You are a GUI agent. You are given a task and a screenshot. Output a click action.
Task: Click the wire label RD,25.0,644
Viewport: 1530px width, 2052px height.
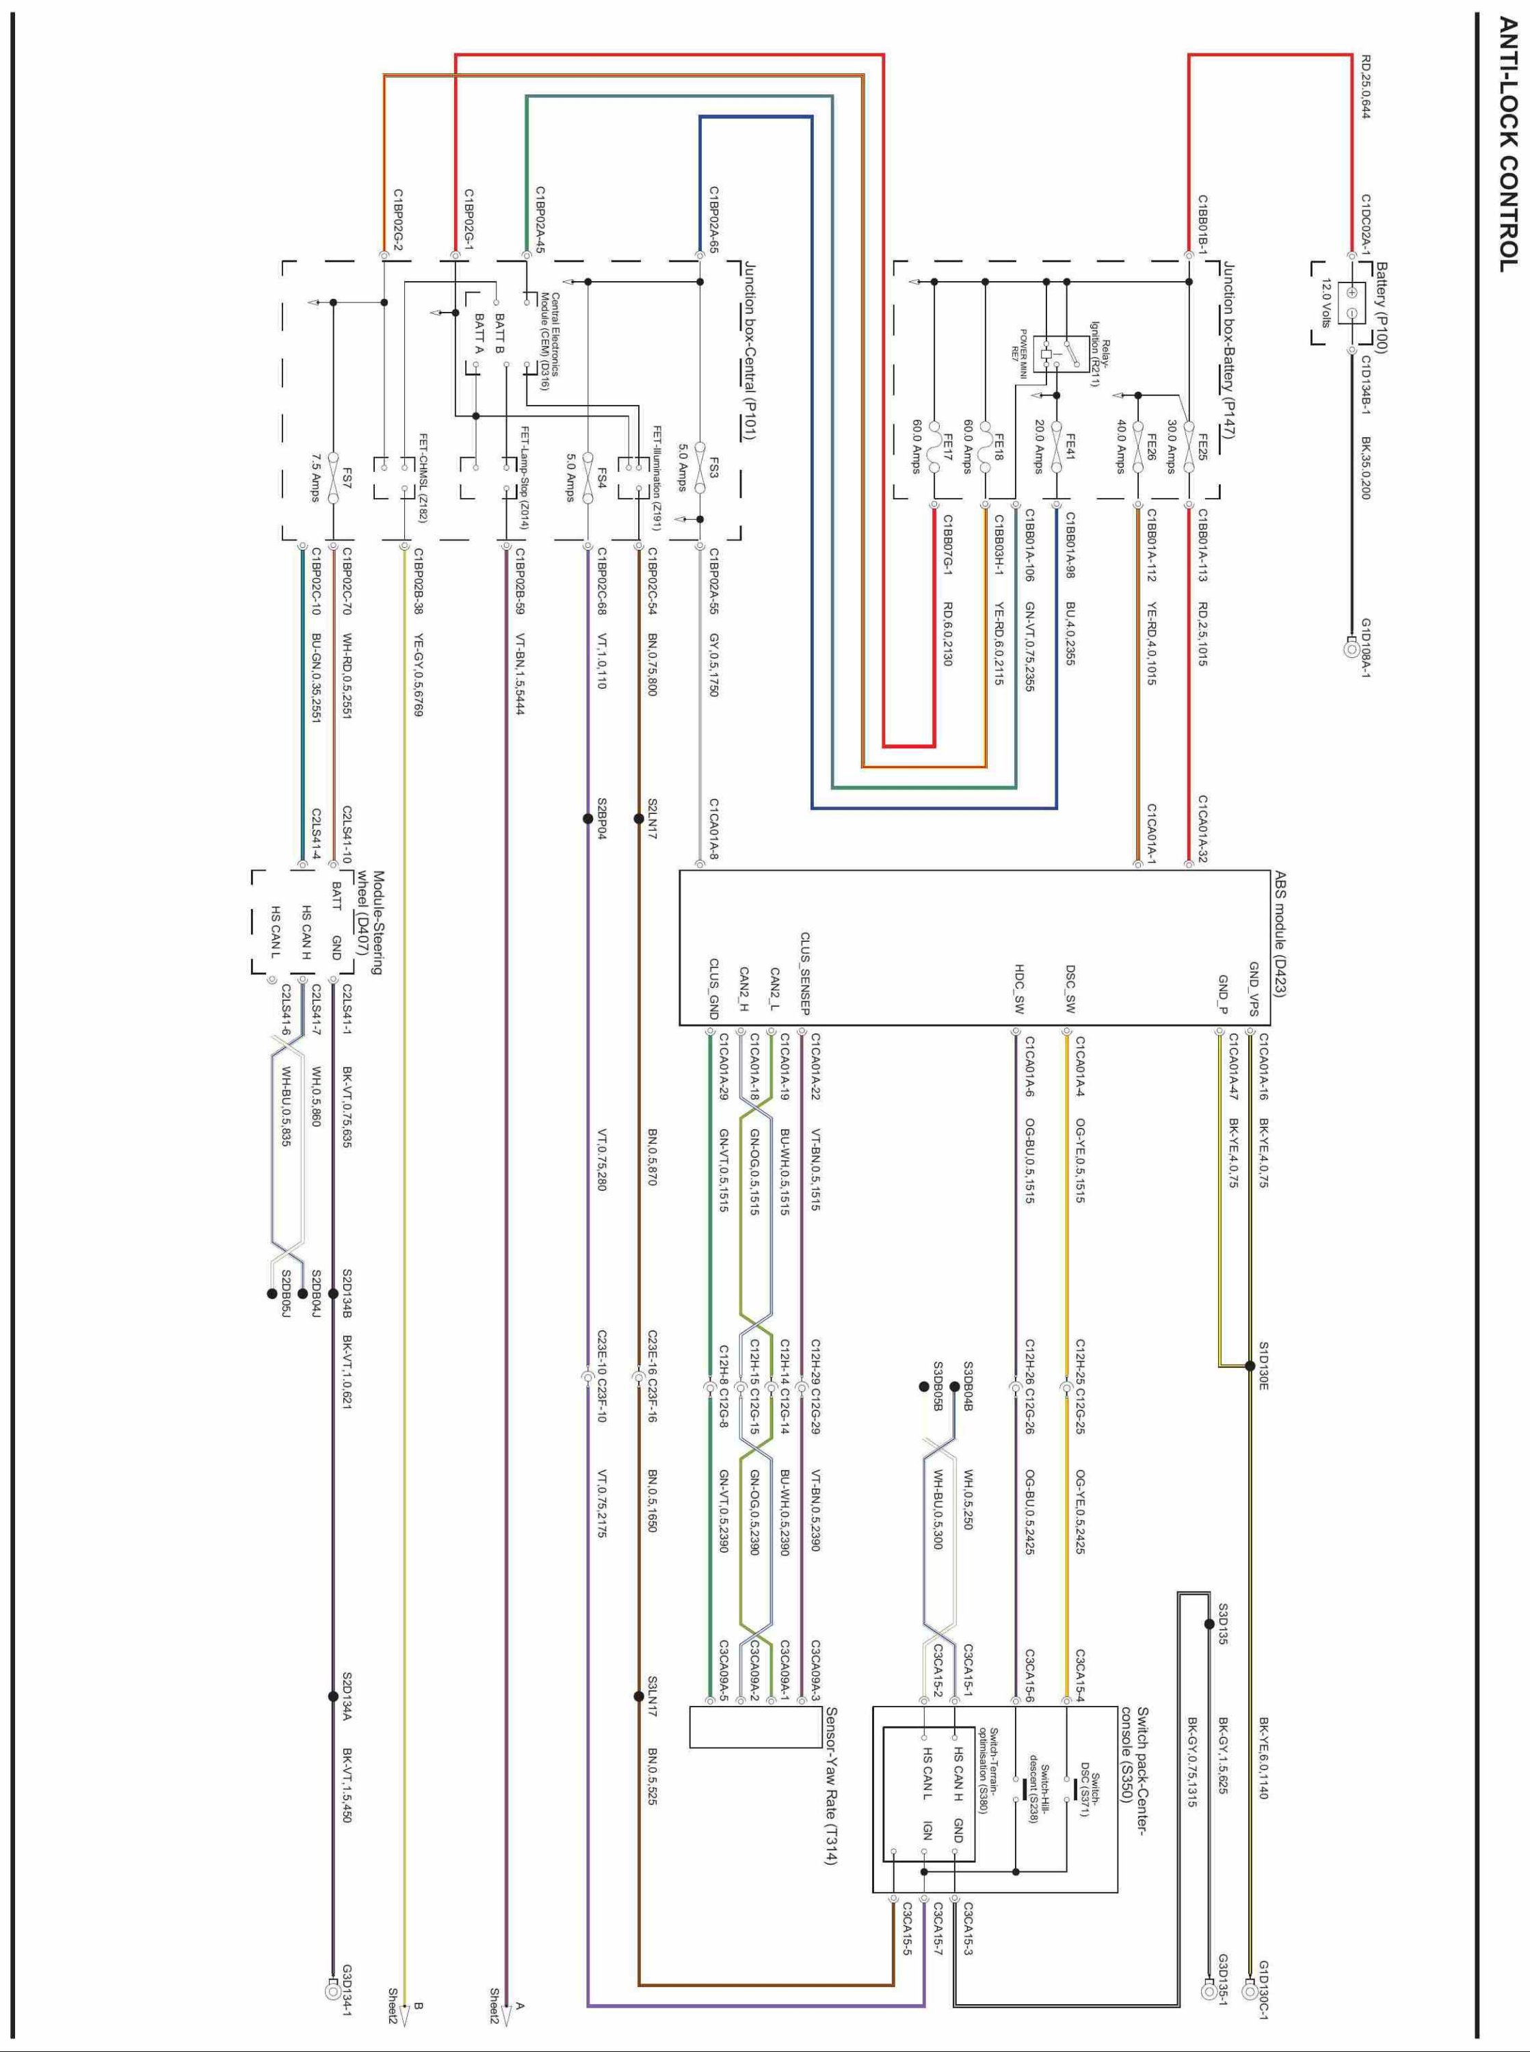1366,86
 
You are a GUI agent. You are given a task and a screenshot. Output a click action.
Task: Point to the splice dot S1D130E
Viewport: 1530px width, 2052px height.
1250,1366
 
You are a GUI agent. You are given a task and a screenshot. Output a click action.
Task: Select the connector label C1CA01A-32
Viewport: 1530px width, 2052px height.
1203,828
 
